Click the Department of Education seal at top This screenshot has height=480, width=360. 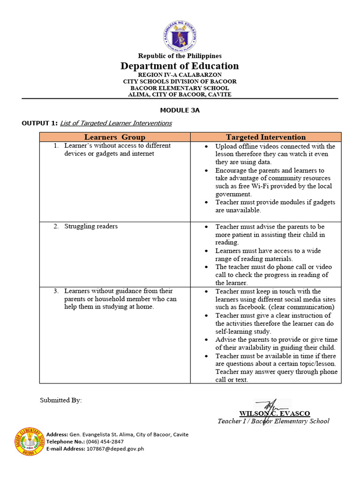point(180,36)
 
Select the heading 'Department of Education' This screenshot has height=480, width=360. point(180,66)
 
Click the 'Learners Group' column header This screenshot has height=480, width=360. point(115,137)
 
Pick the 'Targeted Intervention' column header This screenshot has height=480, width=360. point(266,137)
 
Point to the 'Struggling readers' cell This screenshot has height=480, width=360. point(91,226)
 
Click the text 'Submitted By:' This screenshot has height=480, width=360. point(60,400)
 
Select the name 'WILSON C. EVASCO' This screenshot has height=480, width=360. point(274,413)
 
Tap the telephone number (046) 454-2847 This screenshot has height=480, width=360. point(105,442)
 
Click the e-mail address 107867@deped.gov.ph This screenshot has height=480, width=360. point(115,449)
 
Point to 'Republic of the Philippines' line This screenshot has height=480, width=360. point(180,56)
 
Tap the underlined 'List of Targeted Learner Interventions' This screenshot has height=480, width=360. point(117,123)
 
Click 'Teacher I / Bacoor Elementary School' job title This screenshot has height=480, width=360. point(273,421)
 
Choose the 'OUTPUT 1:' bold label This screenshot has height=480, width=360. point(39,123)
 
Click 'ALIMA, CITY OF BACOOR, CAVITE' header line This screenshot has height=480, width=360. point(180,94)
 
